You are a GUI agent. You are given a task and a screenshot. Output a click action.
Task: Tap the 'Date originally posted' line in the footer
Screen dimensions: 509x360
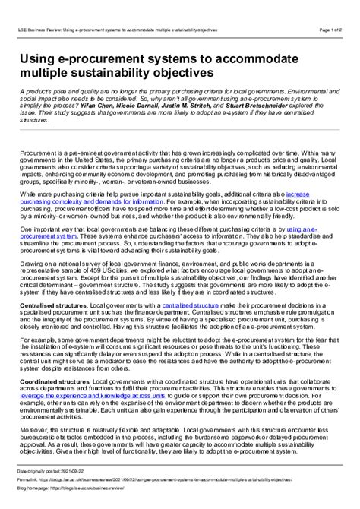56,473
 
